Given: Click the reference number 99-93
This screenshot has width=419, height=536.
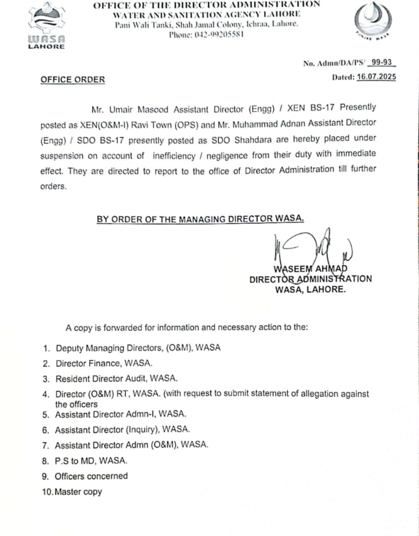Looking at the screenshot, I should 381,62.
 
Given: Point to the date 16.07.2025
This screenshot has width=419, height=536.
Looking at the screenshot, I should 376,77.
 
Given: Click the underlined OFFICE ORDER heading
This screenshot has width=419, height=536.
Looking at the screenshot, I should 73,80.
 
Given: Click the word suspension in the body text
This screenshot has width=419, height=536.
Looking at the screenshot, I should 62,156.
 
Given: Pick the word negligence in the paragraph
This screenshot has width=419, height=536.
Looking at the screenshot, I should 227,156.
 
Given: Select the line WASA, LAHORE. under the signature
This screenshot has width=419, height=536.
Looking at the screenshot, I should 310,289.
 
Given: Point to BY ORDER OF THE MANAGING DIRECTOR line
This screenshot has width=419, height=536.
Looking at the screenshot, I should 200,219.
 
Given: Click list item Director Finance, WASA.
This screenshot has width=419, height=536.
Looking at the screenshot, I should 104,363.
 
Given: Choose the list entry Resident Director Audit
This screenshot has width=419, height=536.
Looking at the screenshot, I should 116,379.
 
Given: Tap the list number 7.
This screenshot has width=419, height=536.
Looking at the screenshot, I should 46,445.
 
